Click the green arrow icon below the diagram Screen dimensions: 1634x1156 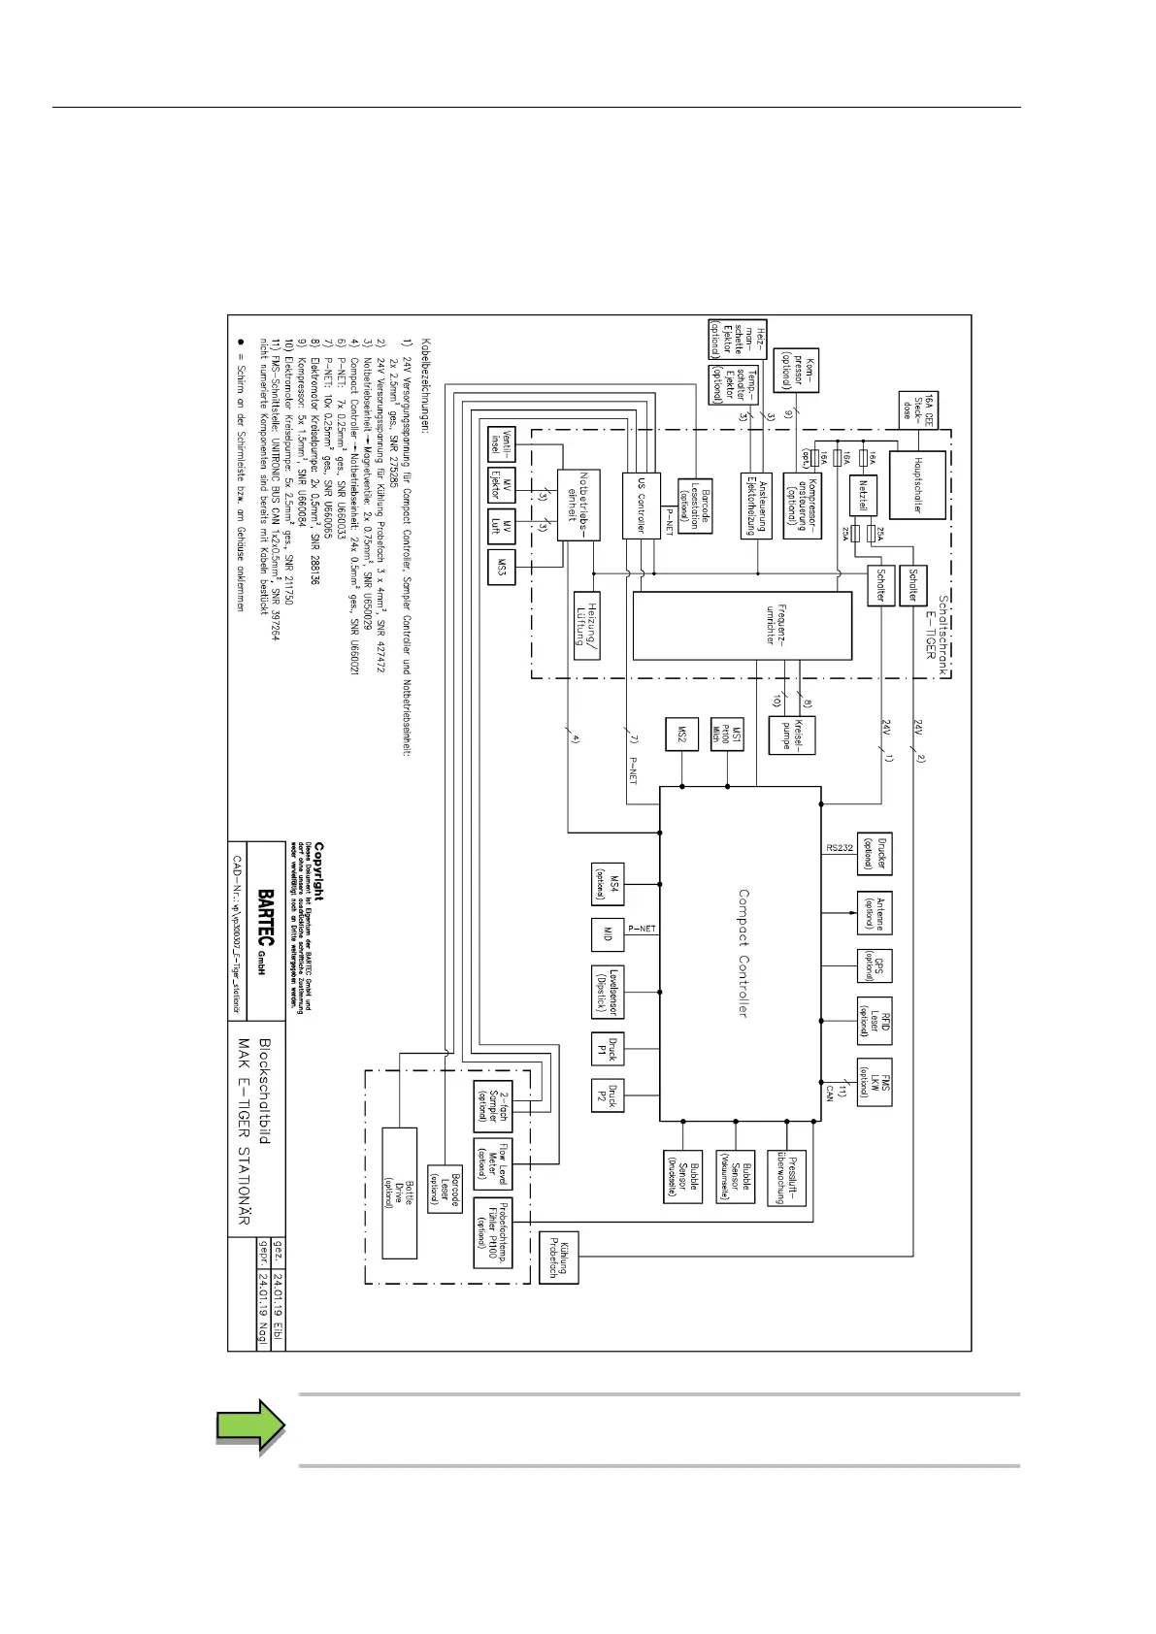(x=250, y=1425)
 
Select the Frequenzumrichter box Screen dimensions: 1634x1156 (x=742, y=625)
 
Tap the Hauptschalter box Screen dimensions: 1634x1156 (x=916, y=485)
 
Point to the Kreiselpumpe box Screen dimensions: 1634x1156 (x=791, y=735)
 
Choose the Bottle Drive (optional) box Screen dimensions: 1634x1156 (x=399, y=1193)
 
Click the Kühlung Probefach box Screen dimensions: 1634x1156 (x=558, y=1257)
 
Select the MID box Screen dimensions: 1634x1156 (x=608, y=933)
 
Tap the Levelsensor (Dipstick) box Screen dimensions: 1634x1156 (x=608, y=991)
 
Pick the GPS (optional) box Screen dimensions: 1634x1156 (x=874, y=964)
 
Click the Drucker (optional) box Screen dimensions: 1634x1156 (x=874, y=853)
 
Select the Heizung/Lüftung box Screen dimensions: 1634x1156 (x=586, y=625)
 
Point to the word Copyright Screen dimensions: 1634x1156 (x=319, y=870)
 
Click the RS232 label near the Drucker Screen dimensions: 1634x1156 (x=840, y=847)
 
